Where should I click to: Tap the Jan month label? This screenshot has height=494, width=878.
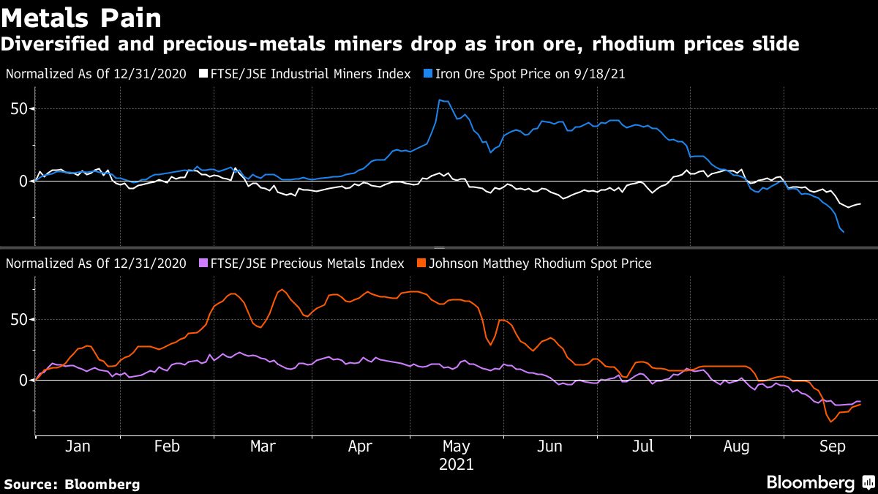coord(78,447)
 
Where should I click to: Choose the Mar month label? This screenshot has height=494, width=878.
coord(263,447)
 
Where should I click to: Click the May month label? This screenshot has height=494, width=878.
coord(457,447)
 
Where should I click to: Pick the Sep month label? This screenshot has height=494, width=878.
coord(832,447)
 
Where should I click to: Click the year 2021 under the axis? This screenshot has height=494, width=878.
coord(457,464)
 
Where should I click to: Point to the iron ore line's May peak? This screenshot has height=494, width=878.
coord(439,100)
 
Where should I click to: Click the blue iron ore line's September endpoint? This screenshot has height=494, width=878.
coord(844,232)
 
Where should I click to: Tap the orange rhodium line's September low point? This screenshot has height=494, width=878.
coord(831,422)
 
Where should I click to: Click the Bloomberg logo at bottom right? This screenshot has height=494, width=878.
coord(810,483)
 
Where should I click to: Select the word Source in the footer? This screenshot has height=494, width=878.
coord(31,484)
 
